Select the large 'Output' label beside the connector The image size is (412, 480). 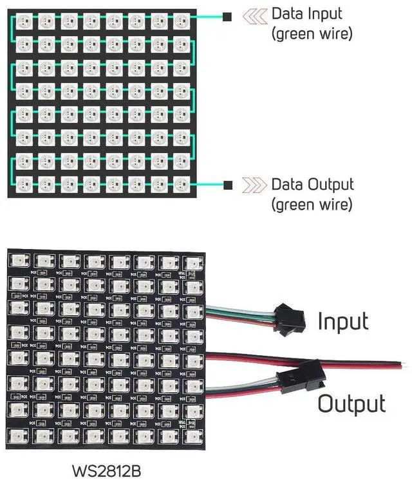click(351, 403)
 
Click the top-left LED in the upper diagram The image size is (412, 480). click(23, 21)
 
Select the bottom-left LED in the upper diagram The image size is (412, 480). click(23, 183)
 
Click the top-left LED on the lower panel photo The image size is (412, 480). click(17, 260)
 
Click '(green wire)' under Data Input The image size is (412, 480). click(312, 34)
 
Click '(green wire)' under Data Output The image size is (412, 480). click(312, 205)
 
